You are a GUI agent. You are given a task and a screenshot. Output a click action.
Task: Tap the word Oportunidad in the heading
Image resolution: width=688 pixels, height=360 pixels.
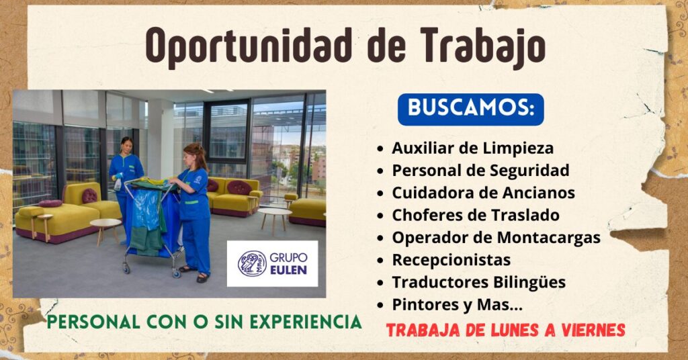[x=249, y=46]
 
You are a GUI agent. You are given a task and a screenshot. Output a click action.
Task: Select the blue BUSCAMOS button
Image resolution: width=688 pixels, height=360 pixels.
[x=471, y=109]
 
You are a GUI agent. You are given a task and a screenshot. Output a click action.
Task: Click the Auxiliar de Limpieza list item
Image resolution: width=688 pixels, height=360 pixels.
[x=472, y=148]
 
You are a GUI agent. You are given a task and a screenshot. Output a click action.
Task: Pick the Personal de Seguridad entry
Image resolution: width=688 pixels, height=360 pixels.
[x=480, y=171]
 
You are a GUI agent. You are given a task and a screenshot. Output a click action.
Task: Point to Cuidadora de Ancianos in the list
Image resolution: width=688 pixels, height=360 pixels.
[x=483, y=193]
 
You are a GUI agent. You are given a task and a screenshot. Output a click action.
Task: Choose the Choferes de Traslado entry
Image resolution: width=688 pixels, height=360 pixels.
[x=476, y=216]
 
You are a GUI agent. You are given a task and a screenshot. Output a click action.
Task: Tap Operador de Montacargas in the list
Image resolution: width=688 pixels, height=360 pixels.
[x=497, y=238]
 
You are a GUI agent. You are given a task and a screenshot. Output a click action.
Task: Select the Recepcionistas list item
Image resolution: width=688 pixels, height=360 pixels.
[x=451, y=260]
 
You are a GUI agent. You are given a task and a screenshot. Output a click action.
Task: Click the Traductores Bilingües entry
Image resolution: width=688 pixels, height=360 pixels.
[x=478, y=282]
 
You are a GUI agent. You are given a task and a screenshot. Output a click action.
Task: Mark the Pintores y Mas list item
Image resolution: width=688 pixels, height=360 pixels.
[x=457, y=305]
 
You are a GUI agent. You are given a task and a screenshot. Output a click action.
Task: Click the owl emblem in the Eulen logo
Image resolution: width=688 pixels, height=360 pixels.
[x=252, y=264]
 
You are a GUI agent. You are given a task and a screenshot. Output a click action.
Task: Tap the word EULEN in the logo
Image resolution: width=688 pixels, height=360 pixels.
[x=288, y=270]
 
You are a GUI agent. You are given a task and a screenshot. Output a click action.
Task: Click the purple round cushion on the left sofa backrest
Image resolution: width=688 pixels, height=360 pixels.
[x=89, y=195]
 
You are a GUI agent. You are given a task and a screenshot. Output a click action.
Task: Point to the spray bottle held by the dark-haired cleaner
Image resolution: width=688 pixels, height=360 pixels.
[x=117, y=183]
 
